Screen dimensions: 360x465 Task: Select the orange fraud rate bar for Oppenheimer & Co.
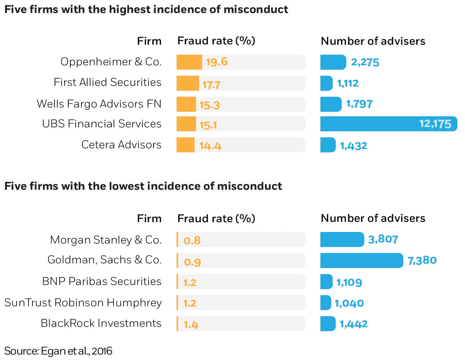point(189,62)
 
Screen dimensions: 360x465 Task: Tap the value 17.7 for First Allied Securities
point(211,85)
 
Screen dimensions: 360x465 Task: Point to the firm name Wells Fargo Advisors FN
point(99,104)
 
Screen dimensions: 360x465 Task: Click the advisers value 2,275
point(365,62)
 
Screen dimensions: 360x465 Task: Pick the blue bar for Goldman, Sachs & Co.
point(361,260)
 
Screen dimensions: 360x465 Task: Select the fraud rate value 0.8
point(192,240)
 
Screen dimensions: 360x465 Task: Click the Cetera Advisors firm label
point(121,145)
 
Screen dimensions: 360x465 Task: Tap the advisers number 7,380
point(422,260)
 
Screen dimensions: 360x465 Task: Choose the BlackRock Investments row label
point(101,323)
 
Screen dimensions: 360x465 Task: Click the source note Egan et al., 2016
point(58,351)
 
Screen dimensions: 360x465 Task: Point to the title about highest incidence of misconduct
point(146,9)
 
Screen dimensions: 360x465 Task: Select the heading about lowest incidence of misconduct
point(143,186)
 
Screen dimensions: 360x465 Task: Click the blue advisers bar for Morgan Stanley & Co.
point(342,240)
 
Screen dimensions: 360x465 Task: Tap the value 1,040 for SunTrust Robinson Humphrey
point(349,303)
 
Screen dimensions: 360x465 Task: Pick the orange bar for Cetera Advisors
point(185,145)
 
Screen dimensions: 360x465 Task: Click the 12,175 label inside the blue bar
point(435,124)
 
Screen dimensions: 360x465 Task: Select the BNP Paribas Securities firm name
point(102,281)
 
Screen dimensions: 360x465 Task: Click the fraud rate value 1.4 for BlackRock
point(191,325)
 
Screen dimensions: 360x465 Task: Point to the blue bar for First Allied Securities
point(326,83)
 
